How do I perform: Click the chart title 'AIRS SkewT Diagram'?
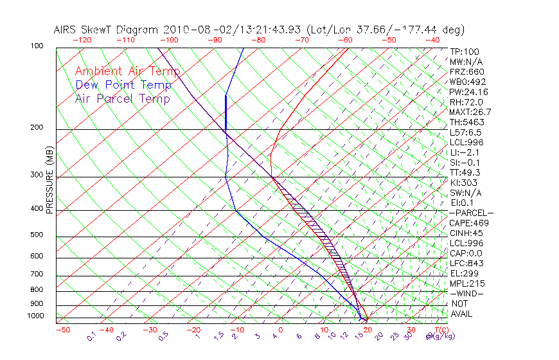(x=107, y=30)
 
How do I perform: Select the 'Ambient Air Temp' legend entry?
(x=127, y=71)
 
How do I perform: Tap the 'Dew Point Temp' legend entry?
(x=123, y=85)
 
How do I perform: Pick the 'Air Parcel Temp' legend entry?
(x=123, y=98)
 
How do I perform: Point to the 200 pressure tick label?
(x=37, y=128)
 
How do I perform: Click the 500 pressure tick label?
(x=37, y=235)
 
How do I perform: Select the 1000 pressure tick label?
(x=35, y=316)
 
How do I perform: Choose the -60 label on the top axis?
(x=345, y=40)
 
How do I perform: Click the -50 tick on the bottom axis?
(x=62, y=330)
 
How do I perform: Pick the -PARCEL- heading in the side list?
(x=472, y=213)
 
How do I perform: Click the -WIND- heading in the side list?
(x=467, y=293)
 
